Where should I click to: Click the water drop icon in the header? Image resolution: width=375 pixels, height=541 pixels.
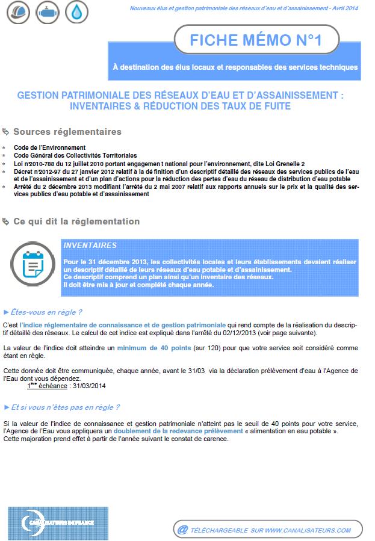(75, 13)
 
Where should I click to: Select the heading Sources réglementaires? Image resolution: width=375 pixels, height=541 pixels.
(67, 132)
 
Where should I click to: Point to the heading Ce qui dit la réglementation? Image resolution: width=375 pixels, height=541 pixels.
(76, 221)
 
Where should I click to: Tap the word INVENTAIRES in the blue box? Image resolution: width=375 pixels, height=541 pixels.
(90, 246)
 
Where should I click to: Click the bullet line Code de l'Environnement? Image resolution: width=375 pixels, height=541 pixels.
(49, 147)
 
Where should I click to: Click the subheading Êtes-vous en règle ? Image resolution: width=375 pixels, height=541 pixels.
(46, 312)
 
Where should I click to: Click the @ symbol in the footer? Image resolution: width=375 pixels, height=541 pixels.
(182, 530)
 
